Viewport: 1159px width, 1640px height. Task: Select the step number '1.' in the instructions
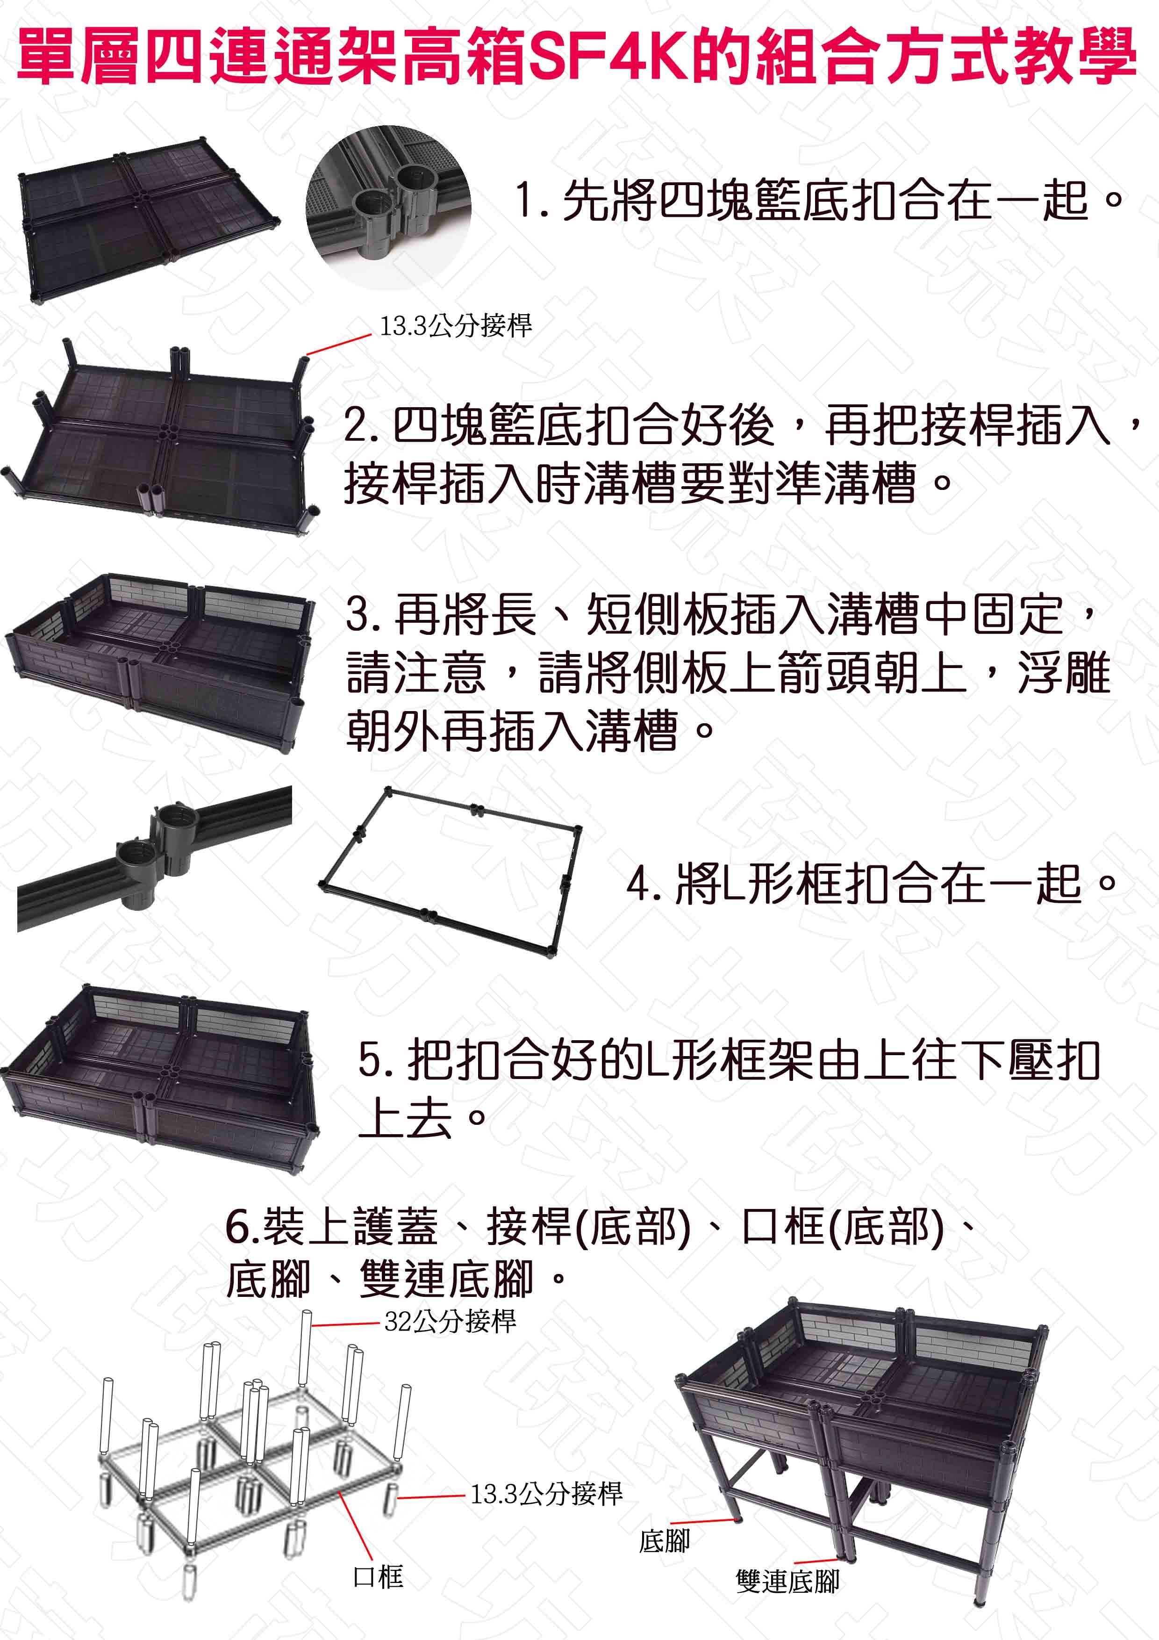coord(530,201)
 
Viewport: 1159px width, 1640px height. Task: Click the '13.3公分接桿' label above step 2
coord(456,326)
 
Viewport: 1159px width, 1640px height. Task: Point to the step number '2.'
coord(361,426)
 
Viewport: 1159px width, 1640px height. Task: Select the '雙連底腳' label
coord(787,1581)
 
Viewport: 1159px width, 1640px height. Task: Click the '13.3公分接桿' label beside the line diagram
coord(546,1493)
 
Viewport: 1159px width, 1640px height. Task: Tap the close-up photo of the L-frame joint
coord(154,859)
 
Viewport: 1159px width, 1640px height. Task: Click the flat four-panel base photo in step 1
coord(149,218)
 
